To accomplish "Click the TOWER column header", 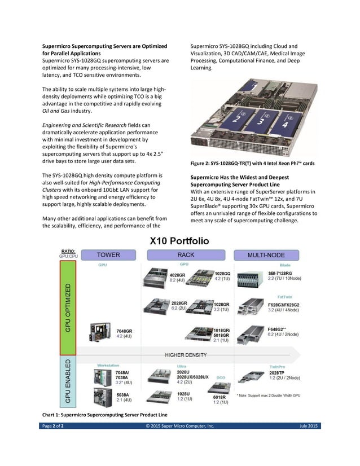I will coord(108,254).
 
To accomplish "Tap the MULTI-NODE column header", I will coord(266,254).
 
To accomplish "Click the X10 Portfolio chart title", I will coord(179,241).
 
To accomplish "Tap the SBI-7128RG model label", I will coord(280,273).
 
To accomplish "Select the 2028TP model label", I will coord(277,372).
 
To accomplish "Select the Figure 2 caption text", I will coord(251,164).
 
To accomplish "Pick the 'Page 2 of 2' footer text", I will coord(54,425).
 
